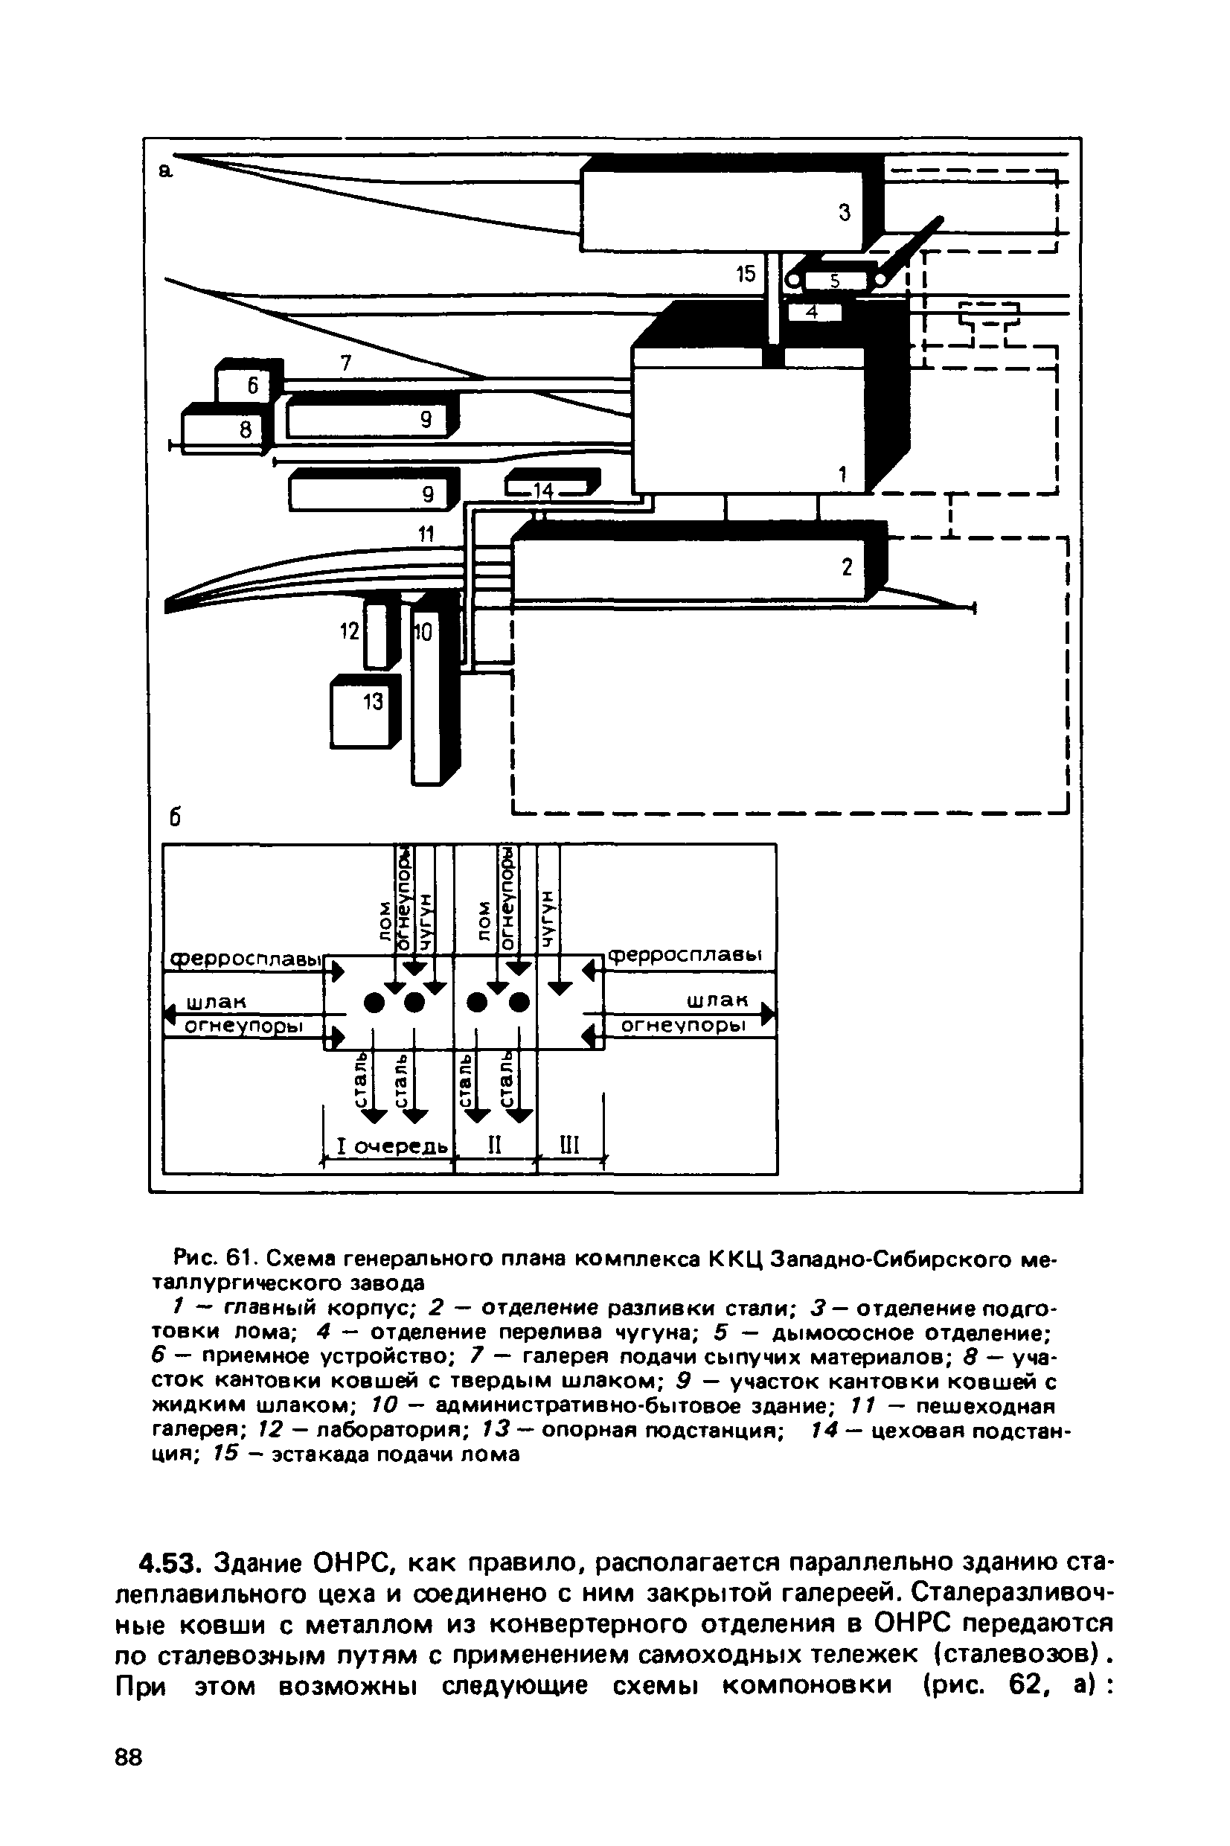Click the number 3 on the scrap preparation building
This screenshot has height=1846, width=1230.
point(844,213)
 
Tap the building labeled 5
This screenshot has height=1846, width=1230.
point(835,281)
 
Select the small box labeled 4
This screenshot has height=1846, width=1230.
point(813,312)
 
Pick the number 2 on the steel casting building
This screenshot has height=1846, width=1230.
point(846,566)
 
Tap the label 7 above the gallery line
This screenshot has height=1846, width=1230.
point(346,363)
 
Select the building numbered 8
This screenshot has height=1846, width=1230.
point(222,428)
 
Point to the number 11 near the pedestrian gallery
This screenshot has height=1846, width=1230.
point(425,534)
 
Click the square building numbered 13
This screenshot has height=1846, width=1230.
point(362,712)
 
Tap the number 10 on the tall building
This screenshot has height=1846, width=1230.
point(423,633)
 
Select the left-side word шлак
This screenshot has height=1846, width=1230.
point(216,1003)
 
